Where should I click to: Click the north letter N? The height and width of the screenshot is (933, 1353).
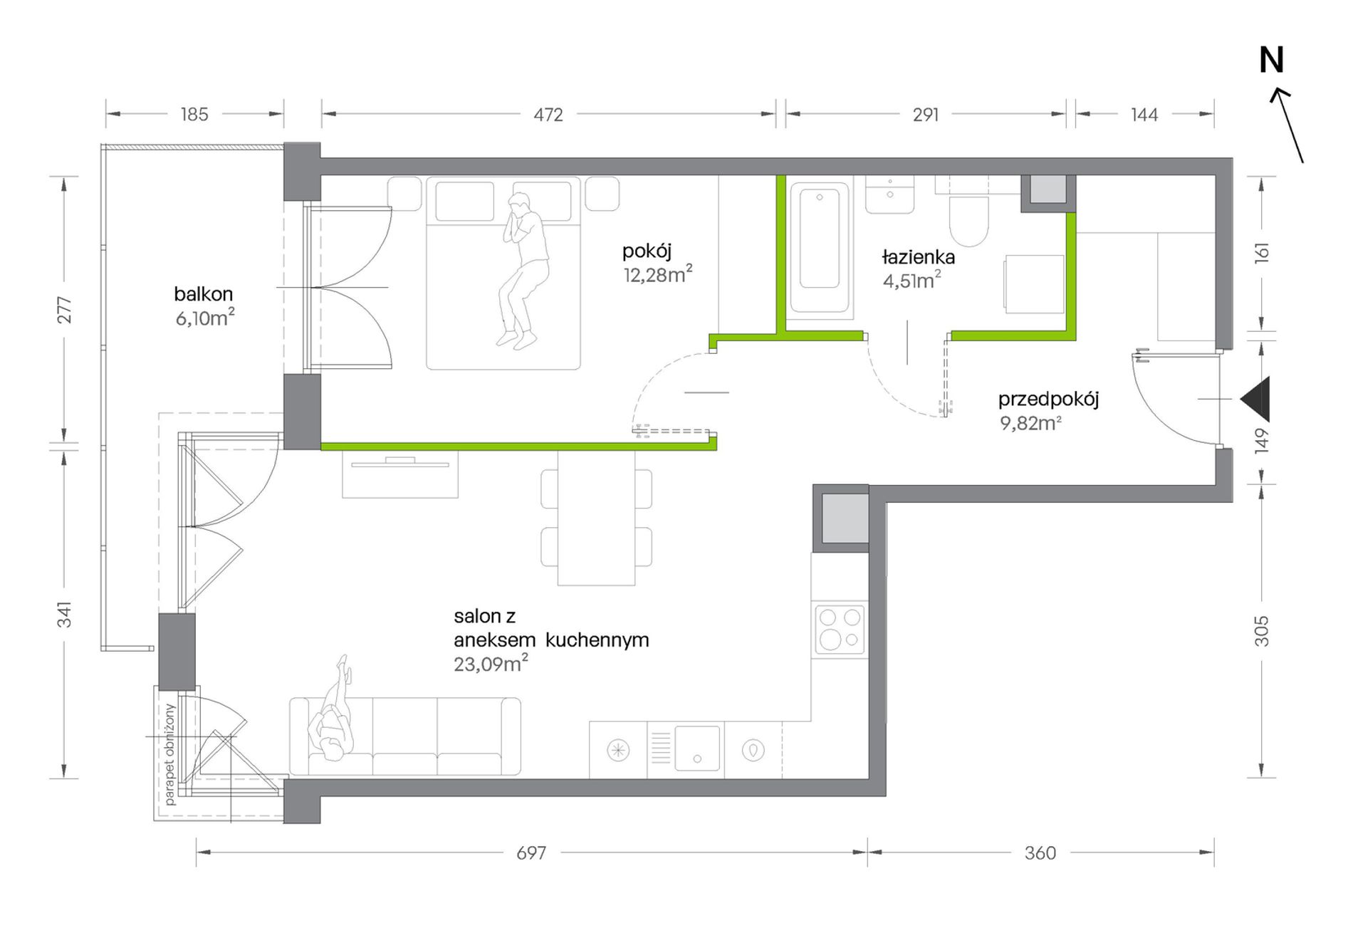point(1271,61)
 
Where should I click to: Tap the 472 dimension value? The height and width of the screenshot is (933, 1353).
point(548,115)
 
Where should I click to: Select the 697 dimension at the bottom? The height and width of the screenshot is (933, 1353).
point(531,853)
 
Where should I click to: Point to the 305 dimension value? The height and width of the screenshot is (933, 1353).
point(1261,631)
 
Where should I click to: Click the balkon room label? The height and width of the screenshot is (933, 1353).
point(204,293)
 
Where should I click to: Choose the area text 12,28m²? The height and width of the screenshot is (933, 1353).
point(658,274)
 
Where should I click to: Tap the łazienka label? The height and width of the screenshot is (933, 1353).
point(918,256)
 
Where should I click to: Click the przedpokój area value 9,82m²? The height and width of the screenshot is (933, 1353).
point(1030,423)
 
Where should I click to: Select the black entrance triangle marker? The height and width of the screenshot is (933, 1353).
point(1255,400)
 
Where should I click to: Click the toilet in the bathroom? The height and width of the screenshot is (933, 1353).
point(969,214)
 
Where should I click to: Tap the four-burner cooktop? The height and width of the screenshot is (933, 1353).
point(840,629)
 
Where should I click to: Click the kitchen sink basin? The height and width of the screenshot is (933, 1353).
point(697,749)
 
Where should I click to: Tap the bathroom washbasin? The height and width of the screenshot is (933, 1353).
point(889,194)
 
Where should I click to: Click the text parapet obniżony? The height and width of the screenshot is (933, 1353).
point(169,754)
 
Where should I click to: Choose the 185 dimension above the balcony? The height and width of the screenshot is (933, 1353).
point(194,114)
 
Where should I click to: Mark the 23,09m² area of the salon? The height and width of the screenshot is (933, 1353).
point(491,664)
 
